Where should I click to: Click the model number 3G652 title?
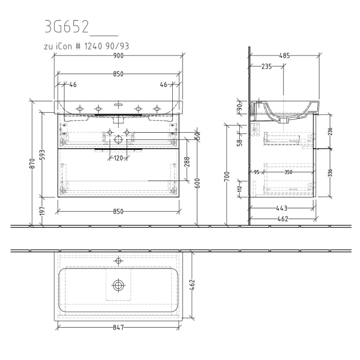coord(67,27)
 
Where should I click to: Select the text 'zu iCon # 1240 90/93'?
coord(86,46)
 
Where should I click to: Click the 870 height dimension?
coord(33,163)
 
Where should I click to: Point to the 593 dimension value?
coord(43,155)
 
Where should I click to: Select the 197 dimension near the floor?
coord(43,211)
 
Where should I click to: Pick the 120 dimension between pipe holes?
coord(118,158)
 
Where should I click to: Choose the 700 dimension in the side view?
coord(226,177)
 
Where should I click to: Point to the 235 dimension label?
coord(266,66)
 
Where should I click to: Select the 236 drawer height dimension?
coord(330,132)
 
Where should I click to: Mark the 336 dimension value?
coord(330,173)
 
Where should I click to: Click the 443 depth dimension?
coord(281,208)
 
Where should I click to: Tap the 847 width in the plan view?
coord(118,327)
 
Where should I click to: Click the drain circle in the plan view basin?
coord(119,284)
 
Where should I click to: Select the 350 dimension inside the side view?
coord(288,172)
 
